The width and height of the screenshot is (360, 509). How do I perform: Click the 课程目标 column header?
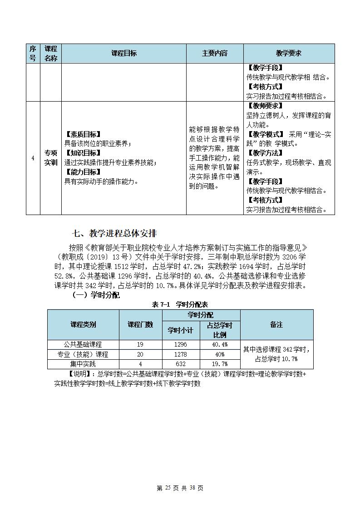tap(123, 54)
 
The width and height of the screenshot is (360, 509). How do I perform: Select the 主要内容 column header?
tap(214, 54)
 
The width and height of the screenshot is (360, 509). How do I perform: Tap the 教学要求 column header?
tap(289, 54)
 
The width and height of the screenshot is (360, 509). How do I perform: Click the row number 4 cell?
tap(33, 158)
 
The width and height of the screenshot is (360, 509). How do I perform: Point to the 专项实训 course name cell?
tap(51, 158)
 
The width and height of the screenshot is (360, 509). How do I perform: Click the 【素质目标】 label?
tap(83, 134)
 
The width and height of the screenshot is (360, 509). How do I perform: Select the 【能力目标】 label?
tap(83, 172)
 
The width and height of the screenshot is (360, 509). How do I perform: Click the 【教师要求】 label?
tap(265, 106)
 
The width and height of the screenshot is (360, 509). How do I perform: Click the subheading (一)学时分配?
tap(96, 295)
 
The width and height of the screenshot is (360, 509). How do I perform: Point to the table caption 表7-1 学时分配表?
tap(180, 304)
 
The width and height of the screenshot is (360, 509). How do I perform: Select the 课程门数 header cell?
tap(140, 324)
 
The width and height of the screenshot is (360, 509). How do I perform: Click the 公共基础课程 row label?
tap(83, 344)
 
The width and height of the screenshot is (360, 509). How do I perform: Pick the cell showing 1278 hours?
tap(180, 354)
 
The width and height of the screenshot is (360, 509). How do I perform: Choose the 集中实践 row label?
tap(83, 364)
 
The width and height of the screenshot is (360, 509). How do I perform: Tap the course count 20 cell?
tap(140, 354)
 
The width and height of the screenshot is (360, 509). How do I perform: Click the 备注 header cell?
tap(276, 324)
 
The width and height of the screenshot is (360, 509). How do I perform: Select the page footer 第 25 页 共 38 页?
tap(180, 488)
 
